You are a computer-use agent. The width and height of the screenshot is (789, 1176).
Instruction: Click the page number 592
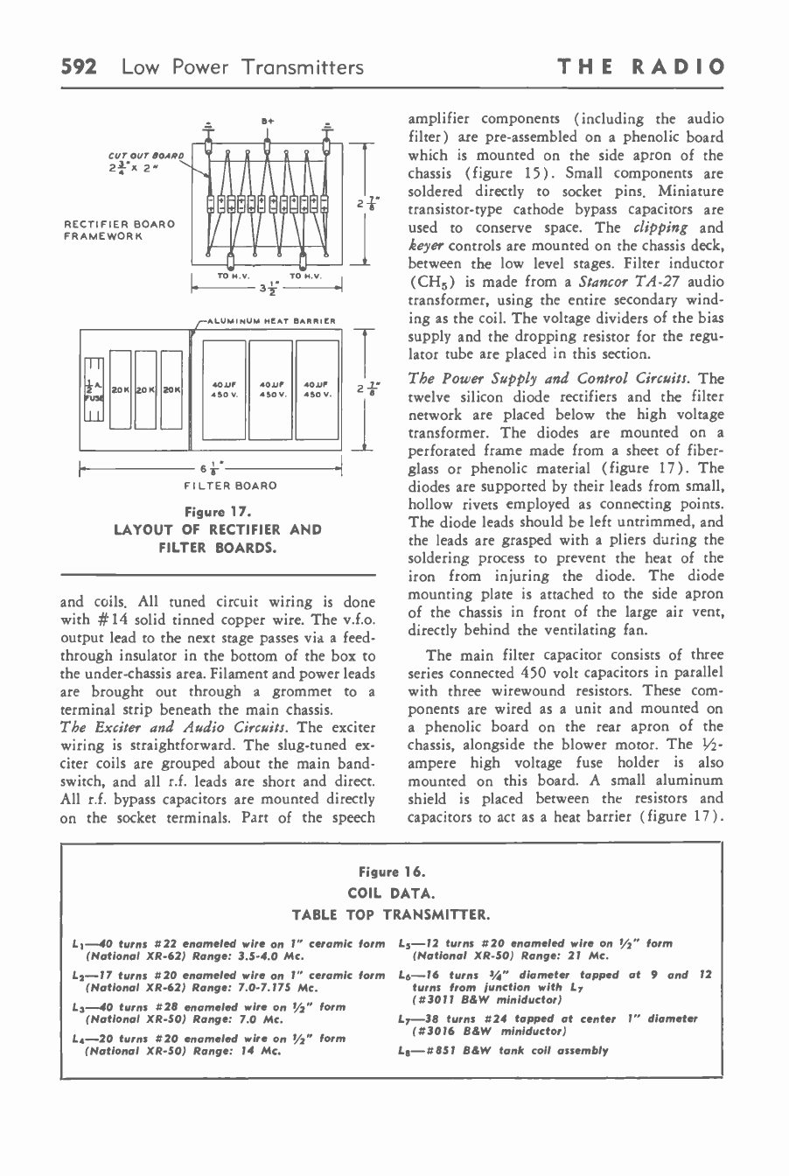point(82,66)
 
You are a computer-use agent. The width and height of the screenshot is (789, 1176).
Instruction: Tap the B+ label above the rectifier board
point(268,114)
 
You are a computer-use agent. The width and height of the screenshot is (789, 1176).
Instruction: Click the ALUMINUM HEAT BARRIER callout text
point(262,320)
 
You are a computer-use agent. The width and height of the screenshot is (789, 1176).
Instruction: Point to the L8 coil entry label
point(404,1050)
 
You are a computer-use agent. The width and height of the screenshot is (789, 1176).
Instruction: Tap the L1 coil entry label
point(78,943)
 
